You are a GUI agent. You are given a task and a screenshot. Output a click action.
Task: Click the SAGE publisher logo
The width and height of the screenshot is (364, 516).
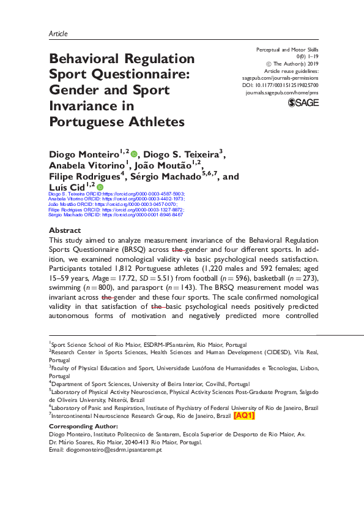click(303, 102)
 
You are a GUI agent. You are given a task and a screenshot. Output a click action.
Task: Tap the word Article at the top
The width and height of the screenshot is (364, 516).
click(58, 34)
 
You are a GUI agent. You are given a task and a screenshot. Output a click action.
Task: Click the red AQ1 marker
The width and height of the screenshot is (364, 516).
click(244, 415)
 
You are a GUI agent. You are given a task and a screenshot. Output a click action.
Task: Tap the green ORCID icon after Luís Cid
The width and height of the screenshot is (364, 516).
click(100, 187)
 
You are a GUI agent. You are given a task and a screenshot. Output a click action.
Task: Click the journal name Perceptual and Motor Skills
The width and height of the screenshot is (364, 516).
click(288, 49)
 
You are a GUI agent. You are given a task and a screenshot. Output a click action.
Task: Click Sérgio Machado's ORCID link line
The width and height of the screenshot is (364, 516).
click(116, 215)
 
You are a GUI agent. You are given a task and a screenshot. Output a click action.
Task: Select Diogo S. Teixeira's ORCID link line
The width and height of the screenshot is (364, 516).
click(116, 194)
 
